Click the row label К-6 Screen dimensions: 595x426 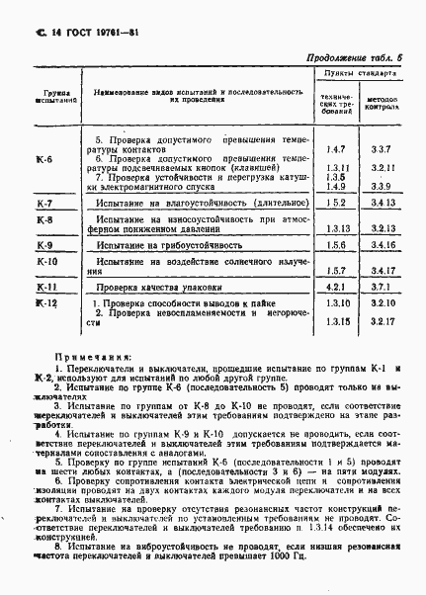click(x=44, y=161)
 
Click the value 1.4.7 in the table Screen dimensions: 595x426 click(x=336, y=149)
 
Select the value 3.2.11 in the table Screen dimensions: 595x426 click(x=384, y=168)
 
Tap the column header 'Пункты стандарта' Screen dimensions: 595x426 click(x=361, y=73)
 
